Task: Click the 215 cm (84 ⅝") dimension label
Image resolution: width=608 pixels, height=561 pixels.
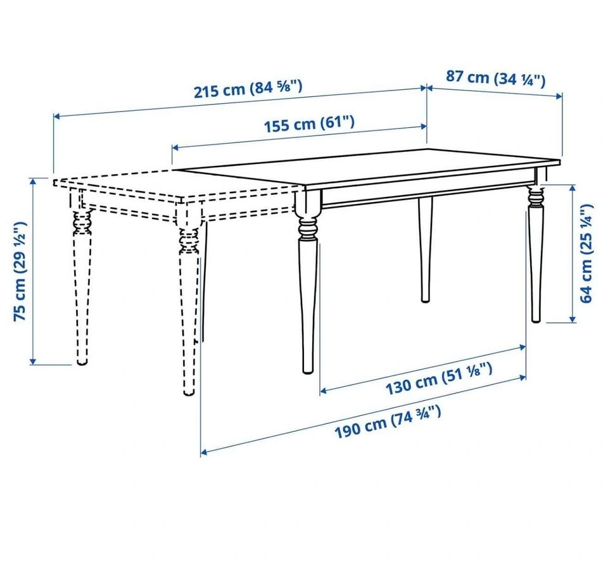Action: click(248, 89)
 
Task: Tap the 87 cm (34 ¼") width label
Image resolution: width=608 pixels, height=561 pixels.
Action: click(495, 79)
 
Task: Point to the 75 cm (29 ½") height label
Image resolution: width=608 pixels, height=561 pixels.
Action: click(20, 271)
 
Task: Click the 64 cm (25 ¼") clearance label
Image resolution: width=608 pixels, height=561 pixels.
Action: click(586, 253)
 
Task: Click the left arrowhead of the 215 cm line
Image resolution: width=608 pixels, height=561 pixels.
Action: click(56, 115)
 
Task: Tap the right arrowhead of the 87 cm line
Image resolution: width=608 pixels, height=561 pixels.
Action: click(559, 96)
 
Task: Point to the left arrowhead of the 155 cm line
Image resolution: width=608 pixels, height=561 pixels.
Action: click(175, 148)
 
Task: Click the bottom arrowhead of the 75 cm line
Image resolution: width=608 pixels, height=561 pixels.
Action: click(33, 362)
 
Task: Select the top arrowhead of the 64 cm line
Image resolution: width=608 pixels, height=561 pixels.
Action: click(572, 188)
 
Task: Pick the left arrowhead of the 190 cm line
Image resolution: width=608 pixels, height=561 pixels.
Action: click(204, 452)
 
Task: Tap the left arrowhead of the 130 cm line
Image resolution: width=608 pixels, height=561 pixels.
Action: click(324, 391)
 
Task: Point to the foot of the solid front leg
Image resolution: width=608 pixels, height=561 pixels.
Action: click(308, 370)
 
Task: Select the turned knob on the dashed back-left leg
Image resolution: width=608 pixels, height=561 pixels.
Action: click(82, 223)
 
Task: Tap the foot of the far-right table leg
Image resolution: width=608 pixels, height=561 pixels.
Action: click(536, 318)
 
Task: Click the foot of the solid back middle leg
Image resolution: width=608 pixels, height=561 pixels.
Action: click(426, 298)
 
